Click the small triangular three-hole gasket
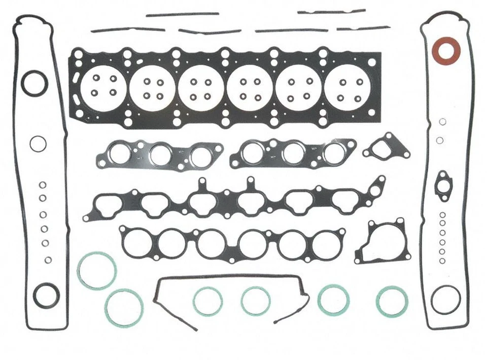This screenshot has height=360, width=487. [387, 147]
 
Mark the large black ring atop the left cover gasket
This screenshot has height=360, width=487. [34, 83]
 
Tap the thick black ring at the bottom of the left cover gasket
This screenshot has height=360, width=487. [46, 295]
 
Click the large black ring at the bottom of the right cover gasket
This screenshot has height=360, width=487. [445, 299]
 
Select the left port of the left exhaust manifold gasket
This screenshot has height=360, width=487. [121, 153]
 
